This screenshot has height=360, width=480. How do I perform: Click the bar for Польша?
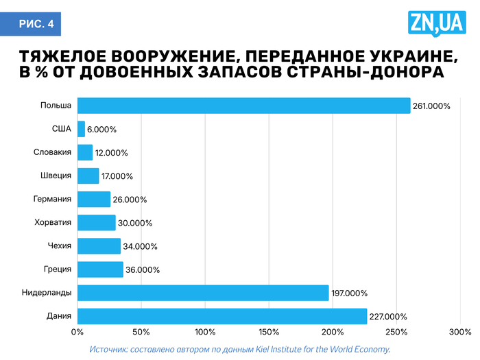click(x=243, y=106)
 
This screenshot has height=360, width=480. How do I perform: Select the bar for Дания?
click(x=221, y=316)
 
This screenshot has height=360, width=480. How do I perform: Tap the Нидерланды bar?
click(x=203, y=293)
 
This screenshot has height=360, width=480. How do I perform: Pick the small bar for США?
click(x=81, y=129)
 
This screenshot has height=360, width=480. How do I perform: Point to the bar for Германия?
click(x=94, y=199)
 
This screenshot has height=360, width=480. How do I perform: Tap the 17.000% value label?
click(x=117, y=176)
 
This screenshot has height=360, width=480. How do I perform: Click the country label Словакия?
click(x=53, y=152)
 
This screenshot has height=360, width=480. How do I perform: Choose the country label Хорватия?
click(x=53, y=222)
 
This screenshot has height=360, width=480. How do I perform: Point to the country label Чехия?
click(x=59, y=246)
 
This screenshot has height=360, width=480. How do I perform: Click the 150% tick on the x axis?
click(x=269, y=333)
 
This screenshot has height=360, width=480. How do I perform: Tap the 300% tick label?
click(x=460, y=333)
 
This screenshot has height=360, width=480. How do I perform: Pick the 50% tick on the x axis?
click(x=141, y=333)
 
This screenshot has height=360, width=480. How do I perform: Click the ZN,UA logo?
click(x=437, y=25)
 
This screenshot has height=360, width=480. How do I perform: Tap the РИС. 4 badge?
click(x=36, y=25)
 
